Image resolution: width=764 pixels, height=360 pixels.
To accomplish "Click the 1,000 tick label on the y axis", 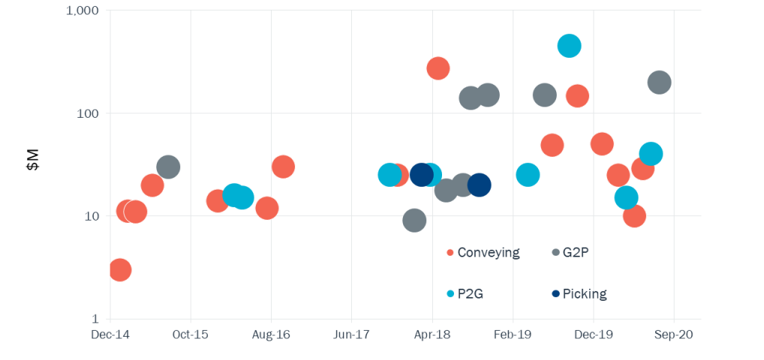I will [83, 11].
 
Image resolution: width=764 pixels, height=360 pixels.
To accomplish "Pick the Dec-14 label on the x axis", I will [110, 334].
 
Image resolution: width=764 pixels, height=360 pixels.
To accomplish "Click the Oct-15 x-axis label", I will [191, 334].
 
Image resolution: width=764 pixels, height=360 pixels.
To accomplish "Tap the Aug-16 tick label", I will [271, 334].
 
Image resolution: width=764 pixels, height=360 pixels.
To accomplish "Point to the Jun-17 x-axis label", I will [351, 334].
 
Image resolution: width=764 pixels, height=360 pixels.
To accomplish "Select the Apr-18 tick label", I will [432, 334].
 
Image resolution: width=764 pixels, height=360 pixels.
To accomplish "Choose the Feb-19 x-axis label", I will [513, 334].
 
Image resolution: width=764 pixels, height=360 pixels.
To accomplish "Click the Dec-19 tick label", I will [594, 334].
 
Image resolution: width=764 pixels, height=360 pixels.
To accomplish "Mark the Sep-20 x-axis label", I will [674, 334].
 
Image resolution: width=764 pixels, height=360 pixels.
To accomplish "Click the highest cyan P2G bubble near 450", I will [570, 46].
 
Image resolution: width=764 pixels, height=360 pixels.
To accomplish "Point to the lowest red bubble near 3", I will [119, 270].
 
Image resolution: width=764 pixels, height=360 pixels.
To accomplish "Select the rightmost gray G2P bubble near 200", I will [659, 82].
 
